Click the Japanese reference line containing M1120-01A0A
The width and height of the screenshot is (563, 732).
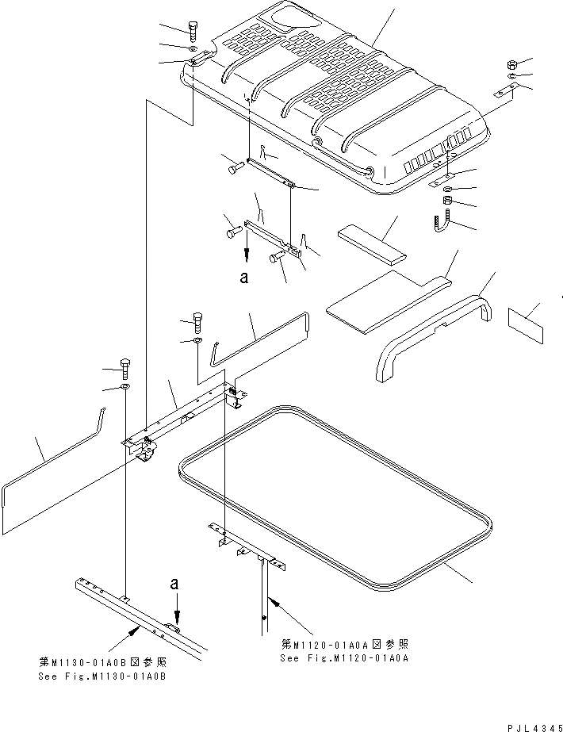coord(344,644)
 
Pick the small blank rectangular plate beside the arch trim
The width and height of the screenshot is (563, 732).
coord(525,324)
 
